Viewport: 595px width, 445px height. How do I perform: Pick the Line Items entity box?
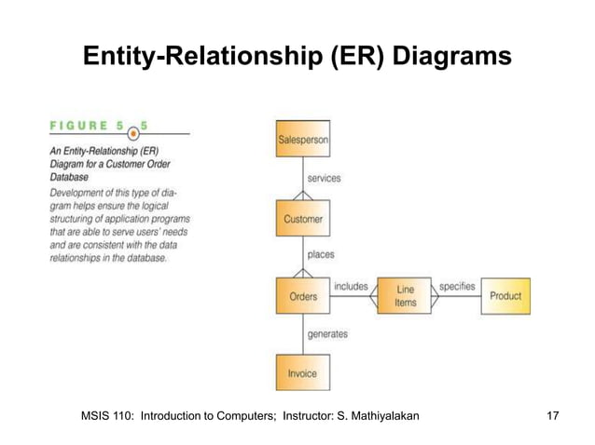[x=405, y=296]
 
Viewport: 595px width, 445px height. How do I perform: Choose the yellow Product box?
[x=506, y=296]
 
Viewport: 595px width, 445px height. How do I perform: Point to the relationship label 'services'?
[x=324, y=178]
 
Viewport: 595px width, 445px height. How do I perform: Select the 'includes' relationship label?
[x=351, y=286]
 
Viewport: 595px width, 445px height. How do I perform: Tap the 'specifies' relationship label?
[x=457, y=286]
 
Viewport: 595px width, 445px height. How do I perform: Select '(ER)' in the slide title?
[x=356, y=58]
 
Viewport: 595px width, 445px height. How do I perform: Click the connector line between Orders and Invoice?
[x=302, y=334]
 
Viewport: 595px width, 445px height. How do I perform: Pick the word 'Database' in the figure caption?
[x=71, y=176]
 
